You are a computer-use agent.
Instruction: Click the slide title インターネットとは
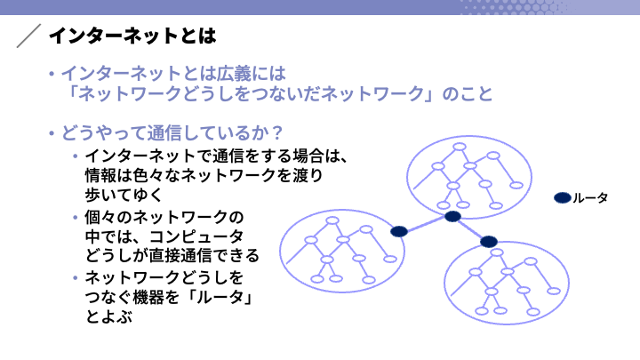(132, 36)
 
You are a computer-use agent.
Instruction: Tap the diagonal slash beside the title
(28, 36)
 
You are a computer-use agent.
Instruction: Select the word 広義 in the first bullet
(234, 74)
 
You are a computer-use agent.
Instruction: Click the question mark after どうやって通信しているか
(277, 133)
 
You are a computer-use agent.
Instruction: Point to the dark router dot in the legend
(562, 197)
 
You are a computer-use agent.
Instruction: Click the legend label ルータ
(590, 198)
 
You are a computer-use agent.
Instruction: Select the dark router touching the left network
(399, 231)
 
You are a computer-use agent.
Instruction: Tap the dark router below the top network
(452, 216)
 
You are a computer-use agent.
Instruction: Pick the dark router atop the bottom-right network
(489, 242)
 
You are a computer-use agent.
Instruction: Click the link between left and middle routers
(426, 224)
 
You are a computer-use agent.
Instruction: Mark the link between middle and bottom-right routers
(470, 229)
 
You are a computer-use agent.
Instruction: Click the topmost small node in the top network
(460, 147)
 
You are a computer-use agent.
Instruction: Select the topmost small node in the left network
(332, 220)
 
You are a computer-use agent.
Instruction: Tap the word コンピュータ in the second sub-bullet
(196, 236)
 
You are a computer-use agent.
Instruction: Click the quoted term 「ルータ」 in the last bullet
(220, 297)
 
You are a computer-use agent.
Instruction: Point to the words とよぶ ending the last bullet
(108, 316)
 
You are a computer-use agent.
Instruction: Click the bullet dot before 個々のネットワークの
(75, 217)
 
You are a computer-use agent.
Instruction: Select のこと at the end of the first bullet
(468, 94)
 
